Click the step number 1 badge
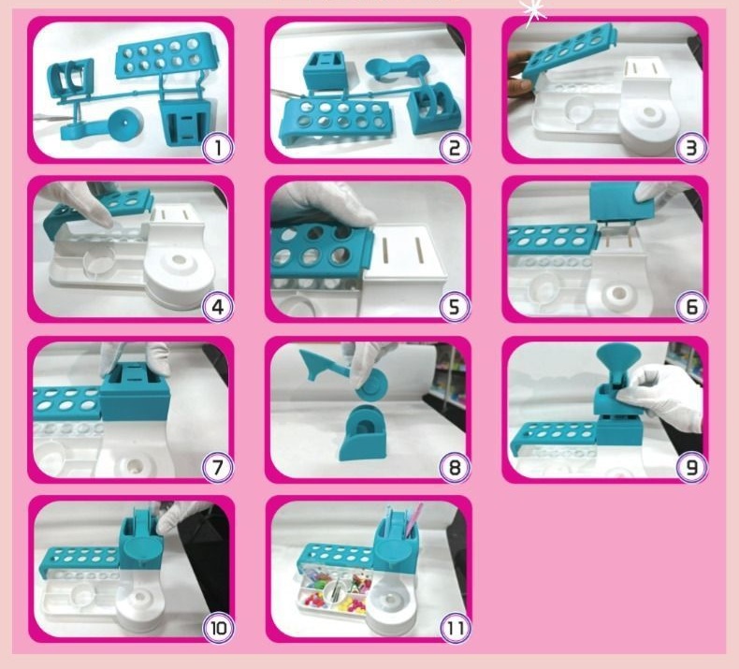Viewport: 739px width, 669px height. pos(218,148)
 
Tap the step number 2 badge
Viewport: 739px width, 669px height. pos(455,148)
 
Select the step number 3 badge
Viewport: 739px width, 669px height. pos(691,148)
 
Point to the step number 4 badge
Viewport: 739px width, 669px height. pos(218,308)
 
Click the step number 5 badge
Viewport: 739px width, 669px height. pos(455,308)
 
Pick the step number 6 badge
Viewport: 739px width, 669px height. pos(691,308)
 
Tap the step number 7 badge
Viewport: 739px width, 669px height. pos(218,467)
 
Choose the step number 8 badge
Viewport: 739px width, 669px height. pos(455,467)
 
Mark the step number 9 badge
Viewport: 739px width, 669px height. pos(691,467)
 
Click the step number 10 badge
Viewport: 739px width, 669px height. pos(218,628)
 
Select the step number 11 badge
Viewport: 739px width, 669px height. pos(456,628)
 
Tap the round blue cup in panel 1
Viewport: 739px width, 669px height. pos(125,124)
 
